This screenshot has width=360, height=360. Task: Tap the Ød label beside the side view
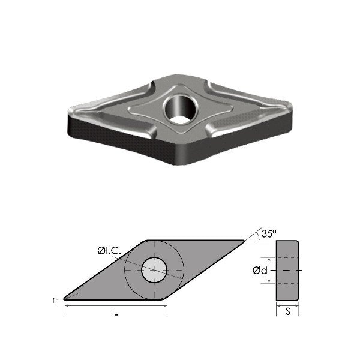[260, 271]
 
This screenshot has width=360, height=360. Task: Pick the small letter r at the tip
[55, 299]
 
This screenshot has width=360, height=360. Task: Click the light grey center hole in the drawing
[154, 270]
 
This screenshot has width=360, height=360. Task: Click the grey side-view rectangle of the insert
[287, 270]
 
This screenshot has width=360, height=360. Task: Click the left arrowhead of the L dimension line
[66, 305]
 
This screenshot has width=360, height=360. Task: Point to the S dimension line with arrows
[287, 306]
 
